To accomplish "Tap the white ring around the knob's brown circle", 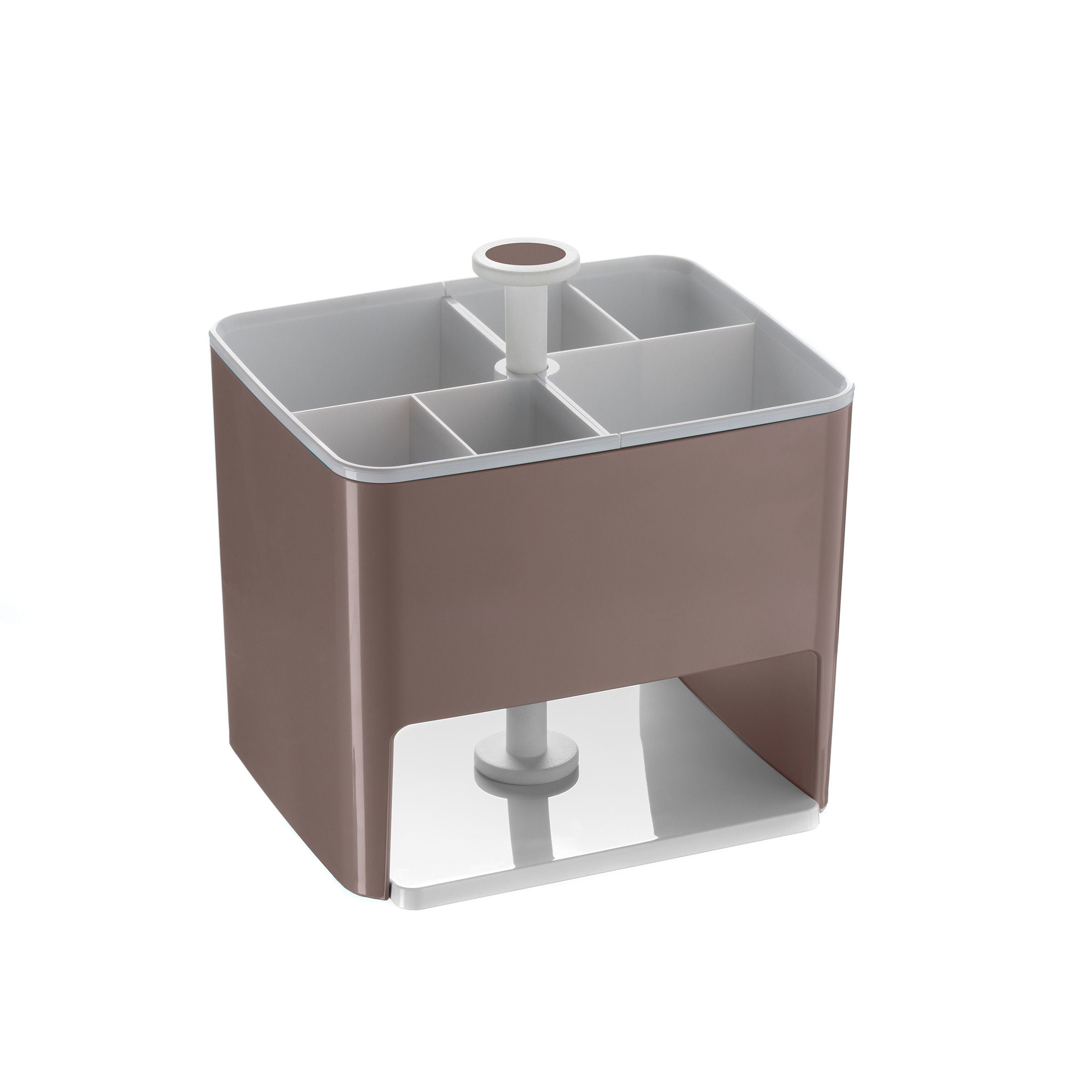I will coord(480,260).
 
